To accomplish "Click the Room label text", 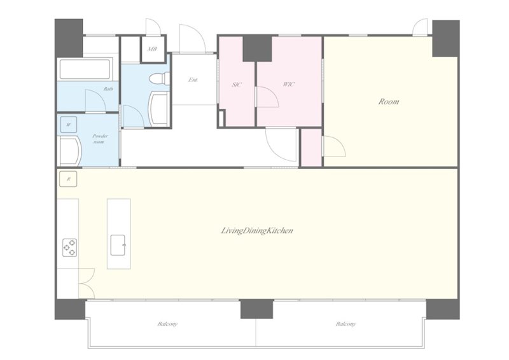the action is click(x=389, y=102).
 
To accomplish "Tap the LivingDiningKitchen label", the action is click(x=257, y=231).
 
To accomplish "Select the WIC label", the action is click(x=289, y=85).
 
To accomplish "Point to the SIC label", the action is click(x=237, y=85).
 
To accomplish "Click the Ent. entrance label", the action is click(x=193, y=80).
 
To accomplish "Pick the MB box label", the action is click(x=153, y=49).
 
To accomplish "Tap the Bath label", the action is click(x=108, y=88).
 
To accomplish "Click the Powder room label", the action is click(x=100, y=139).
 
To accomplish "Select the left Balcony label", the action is click(x=167, y=324).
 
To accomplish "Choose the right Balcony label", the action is click(x=345, y=324).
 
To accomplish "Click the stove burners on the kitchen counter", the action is click(x=70, y=247).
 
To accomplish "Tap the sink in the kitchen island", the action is click(x=118, y=245).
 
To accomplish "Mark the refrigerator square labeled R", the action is click(x=68, y=179).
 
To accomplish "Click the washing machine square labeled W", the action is click(x=69, y=125).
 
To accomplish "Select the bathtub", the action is click(x=85, y=69).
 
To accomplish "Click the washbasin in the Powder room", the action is click(x=71, y=151).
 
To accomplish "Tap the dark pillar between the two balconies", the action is click(x=257, y=309).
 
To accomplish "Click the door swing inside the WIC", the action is click(x=268, y=97).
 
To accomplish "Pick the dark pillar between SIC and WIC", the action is click(x=257, y=49).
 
